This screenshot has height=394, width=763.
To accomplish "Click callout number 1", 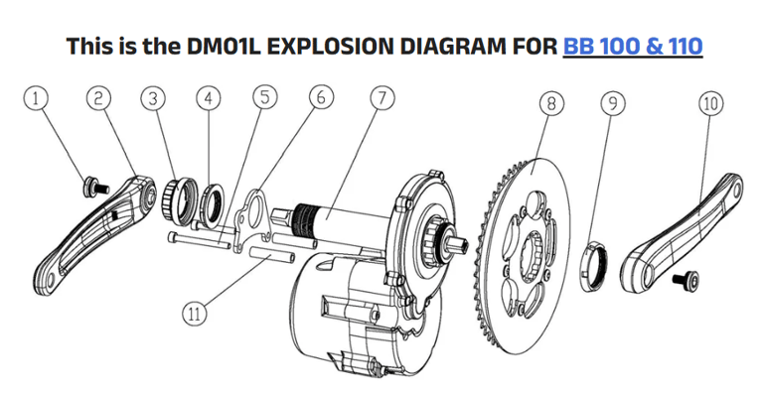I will click(x=37, y=98).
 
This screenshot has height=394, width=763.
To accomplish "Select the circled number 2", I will click(x=97, y=98).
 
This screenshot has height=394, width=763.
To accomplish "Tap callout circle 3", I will click(x=152, y=98).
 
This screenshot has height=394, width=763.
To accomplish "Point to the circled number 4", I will click(x=207, y=98).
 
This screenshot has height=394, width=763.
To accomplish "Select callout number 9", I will click(x=613, y=102).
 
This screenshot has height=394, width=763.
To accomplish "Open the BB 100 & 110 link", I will click(x=632, y=46).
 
